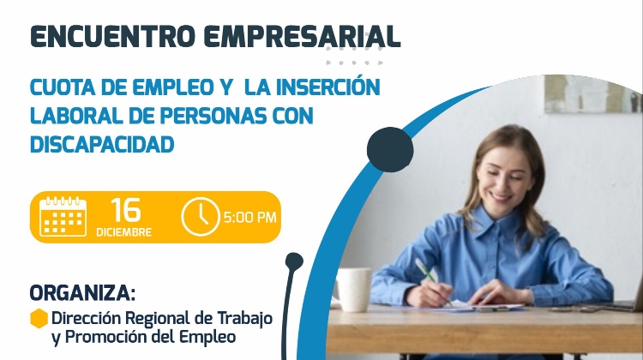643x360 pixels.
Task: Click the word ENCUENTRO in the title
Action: coord(112,37)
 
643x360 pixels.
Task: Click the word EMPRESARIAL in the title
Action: coord(302,37)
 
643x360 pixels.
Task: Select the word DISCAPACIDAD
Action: coord(102,144)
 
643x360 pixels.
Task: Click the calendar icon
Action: coord(63,217)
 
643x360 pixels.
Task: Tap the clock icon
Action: coord(201,217)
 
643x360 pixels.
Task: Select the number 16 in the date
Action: coord(125,210)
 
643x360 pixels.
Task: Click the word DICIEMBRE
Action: coord(123,232)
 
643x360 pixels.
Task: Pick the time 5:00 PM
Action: coord(249,217)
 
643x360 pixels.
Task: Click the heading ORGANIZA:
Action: coord(82,293)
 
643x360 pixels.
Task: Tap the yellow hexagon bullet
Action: coord(39,318)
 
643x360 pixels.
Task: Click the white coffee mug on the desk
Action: coord(352,289)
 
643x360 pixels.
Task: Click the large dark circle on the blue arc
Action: coord(390,150)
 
